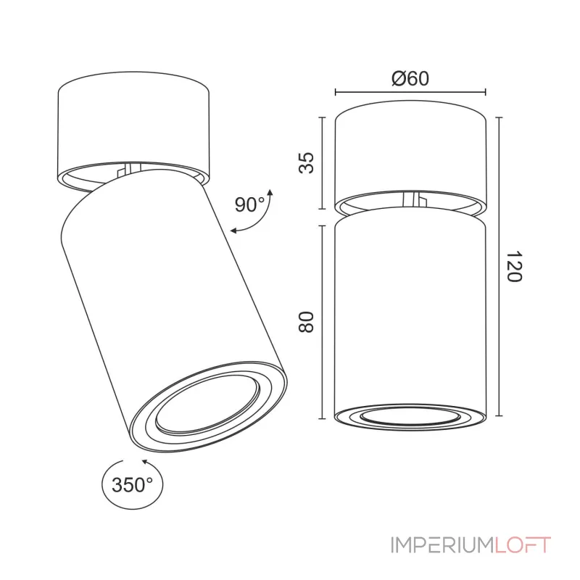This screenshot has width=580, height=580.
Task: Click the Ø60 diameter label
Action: [410, 79]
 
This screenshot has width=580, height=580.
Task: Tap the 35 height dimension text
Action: [306, 162]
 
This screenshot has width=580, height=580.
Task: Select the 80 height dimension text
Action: [306, 322]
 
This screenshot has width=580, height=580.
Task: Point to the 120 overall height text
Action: [514, 266]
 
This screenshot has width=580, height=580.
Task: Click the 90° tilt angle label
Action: [250, 204]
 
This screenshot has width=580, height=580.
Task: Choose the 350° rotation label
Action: [132, 484]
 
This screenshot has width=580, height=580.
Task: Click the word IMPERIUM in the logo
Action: [442, 545]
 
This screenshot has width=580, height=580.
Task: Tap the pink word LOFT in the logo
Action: [523, 545]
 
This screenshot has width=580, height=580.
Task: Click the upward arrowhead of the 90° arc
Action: [270, 193]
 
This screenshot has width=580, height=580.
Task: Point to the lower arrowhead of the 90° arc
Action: [234, 231]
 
